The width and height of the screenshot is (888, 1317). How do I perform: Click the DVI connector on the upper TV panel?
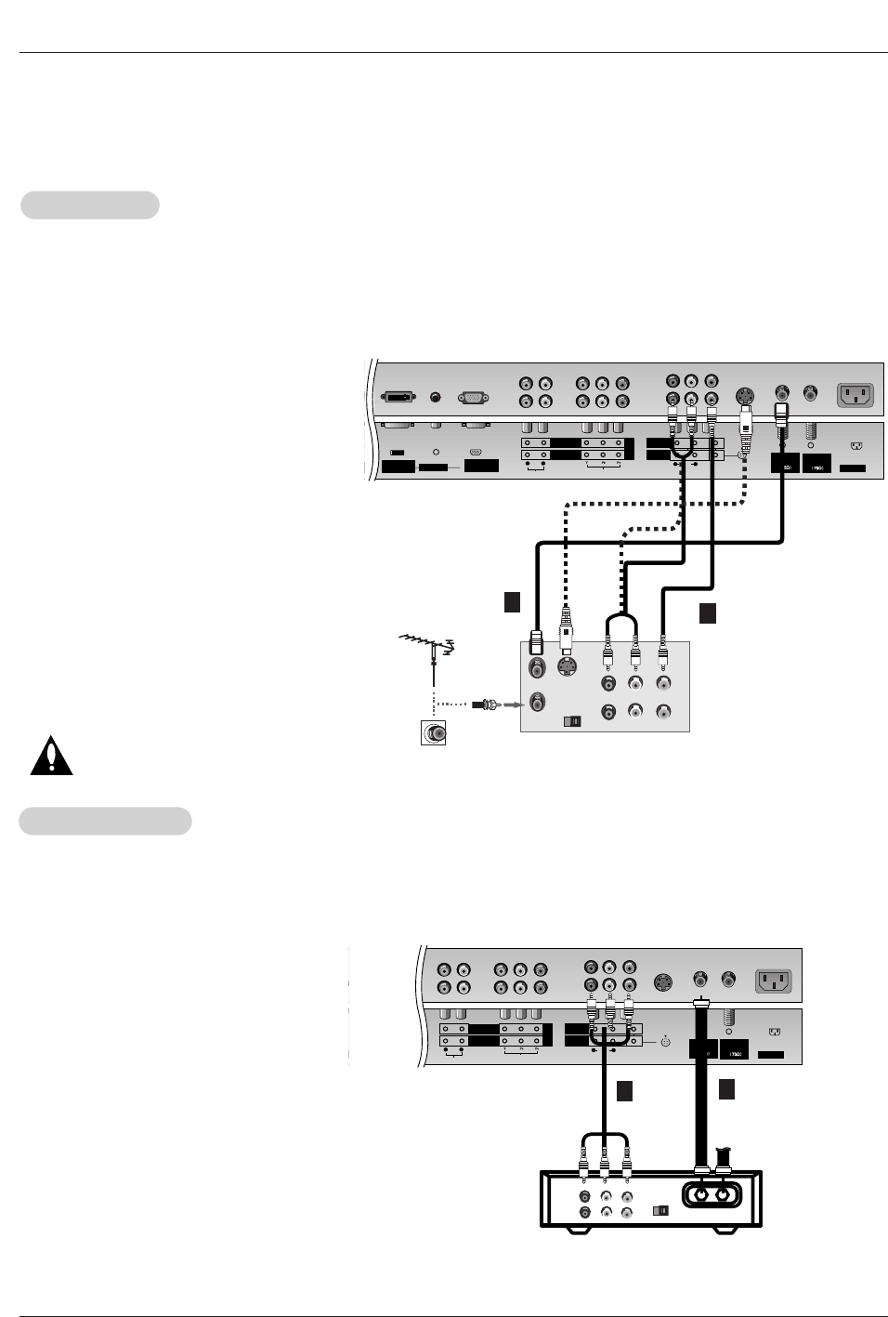[401, 397]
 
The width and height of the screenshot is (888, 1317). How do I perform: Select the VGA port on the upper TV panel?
[474, 397]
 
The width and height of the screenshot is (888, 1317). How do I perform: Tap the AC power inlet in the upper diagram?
[855, 395]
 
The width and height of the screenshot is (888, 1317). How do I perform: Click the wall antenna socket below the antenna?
[433, 732]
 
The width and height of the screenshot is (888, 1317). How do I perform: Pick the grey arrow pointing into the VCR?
[508, 705]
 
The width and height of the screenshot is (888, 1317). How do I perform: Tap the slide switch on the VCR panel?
[572, 720]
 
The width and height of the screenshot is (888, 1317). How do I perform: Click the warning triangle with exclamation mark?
[51, 757]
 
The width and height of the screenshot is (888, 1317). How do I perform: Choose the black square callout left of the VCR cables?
[511, 601]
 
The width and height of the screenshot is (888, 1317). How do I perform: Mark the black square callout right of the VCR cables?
[708, 613]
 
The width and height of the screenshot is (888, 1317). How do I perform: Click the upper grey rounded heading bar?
[90, 205]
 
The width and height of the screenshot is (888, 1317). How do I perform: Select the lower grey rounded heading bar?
[106, 821]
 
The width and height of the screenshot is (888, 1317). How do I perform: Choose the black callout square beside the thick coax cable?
[727, 1089]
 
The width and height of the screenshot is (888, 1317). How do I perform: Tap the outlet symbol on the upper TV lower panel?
[855, 445]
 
